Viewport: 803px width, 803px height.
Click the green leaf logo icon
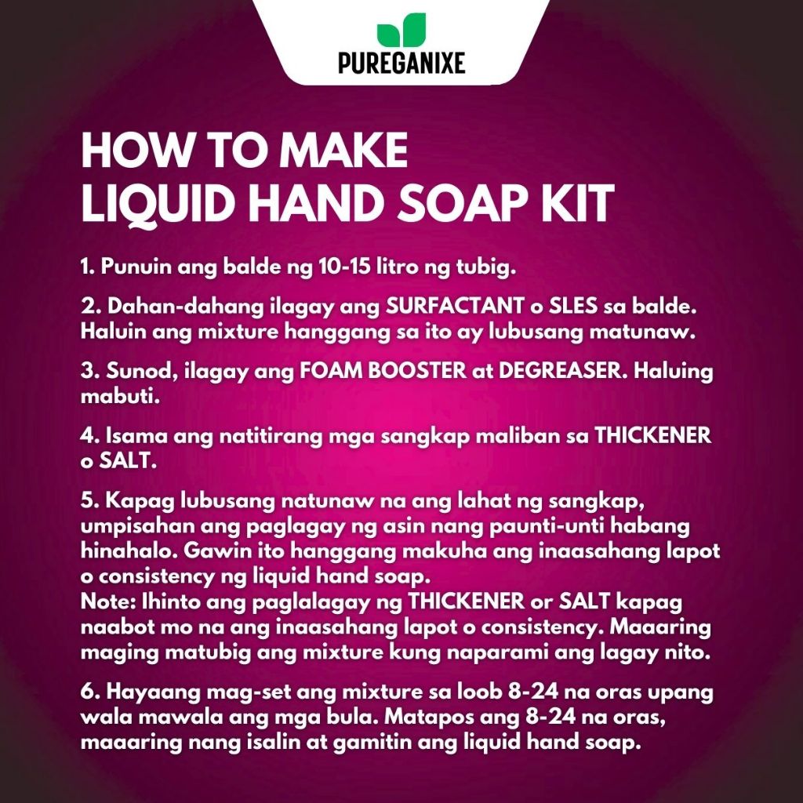[x=401, y=30]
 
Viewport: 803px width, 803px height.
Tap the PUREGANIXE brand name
[x=401, y=63]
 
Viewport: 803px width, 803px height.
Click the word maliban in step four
[x=518, y=435]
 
